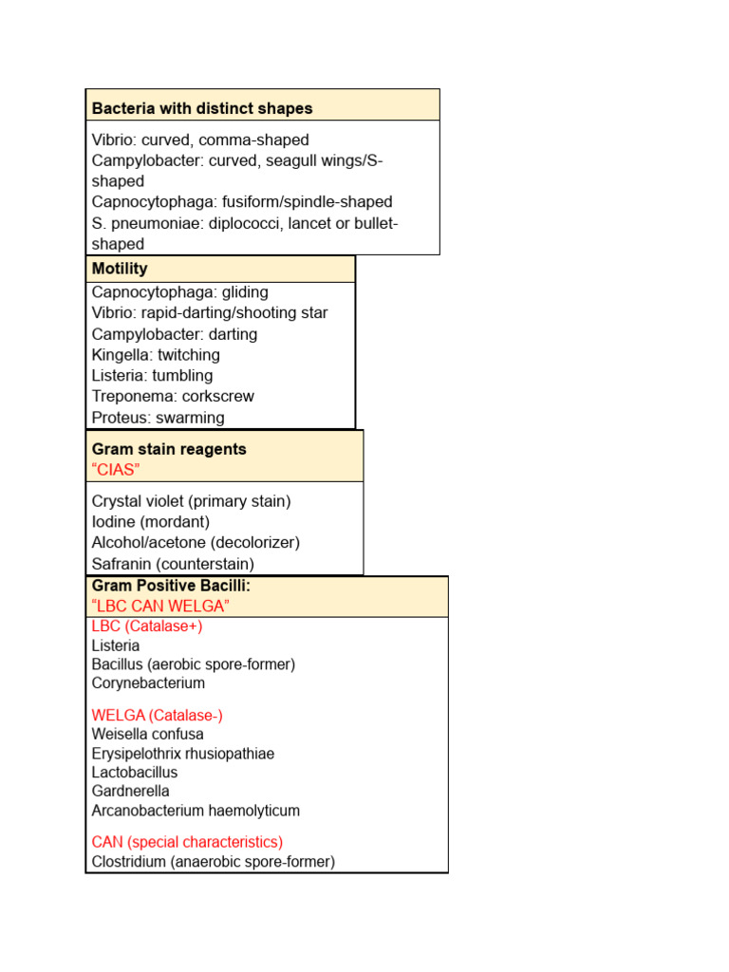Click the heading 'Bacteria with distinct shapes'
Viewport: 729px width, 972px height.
[x=201, y=109]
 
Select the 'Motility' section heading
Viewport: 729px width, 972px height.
[x=120, y=269]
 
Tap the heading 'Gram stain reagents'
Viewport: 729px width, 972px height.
[x=169, y=449]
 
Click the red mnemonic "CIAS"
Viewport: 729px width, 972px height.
[x=116, y=470]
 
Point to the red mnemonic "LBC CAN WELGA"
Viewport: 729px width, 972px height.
[x=160, y=606]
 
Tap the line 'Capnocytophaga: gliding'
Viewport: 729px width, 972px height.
[x=179, y=292]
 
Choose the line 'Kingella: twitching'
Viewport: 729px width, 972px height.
[x=156, y=355]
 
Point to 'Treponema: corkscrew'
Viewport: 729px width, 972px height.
[x=173, y=397]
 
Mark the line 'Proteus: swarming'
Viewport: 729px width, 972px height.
[x=158, y=418]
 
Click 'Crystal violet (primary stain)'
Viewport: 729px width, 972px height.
[x=191, y=501]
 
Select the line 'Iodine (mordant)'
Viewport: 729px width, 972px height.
[x=151, y=522]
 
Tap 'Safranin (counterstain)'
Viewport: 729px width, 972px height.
[x=173, y=564]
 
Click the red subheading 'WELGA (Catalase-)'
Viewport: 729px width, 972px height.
[x=157, y=716]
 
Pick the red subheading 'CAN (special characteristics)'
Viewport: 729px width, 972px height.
[x=187, y=842]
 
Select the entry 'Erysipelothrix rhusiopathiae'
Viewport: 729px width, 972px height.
[x=183, y=754]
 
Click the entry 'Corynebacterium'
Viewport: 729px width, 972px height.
[x=148, y=683]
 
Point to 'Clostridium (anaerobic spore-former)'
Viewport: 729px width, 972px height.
[x=213, y=862]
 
